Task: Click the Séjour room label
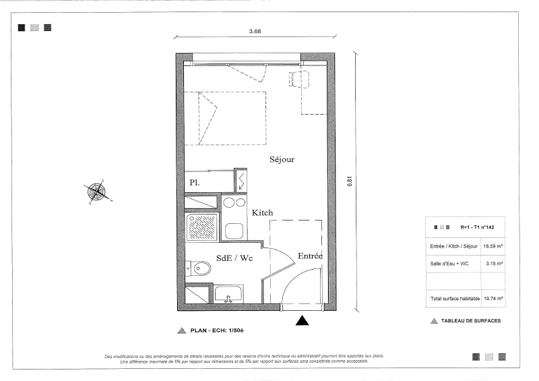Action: (282, 159)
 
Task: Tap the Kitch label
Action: (262, 212)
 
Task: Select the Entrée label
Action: (310, 256)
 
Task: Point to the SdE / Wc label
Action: (234, 258)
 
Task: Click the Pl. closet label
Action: (195, 183)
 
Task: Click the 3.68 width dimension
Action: (255, 31)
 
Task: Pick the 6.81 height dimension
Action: (350, 181)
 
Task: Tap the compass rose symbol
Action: (97, 192)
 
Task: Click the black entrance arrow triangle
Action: (302, 320)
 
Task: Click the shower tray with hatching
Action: (202, 227)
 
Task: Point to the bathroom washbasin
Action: (228, 294)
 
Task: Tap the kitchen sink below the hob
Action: (234, 231)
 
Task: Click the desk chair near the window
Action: (298, 79)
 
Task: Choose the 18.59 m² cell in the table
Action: (493, 246)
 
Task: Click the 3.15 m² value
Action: (495, 264)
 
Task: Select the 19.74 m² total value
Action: (493, 299)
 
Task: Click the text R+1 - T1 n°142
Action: (477, 227)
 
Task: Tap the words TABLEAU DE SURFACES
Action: (471, 321)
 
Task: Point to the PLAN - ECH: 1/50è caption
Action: (217, 330)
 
